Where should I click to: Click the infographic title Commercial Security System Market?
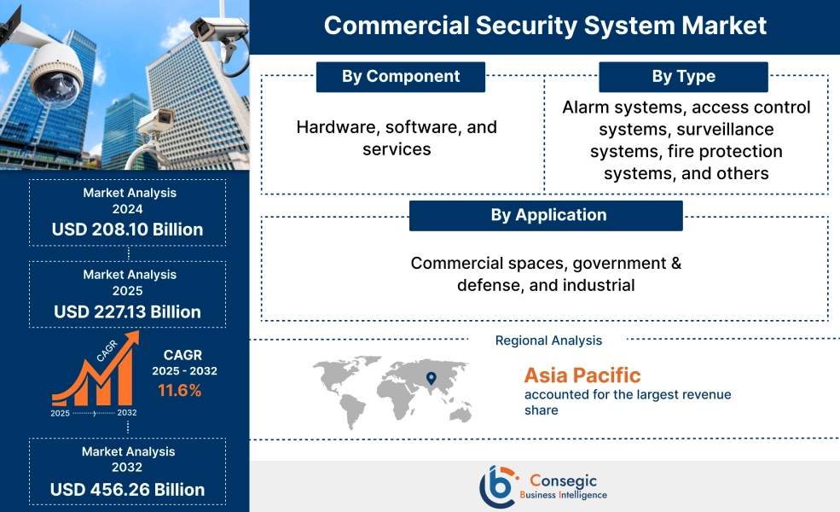point(545,25)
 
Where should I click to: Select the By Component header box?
point(400,77)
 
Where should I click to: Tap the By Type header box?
point(683,77)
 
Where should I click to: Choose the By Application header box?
point(546,215)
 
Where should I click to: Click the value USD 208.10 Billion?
point(127,229)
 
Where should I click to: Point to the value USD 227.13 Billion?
point(127,311)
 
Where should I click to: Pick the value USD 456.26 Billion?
point(127,489)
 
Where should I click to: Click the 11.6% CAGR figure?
point(179,391)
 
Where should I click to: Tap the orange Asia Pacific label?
point(582,375)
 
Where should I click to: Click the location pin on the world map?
point(431,377)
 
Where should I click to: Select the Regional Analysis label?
point(548,340)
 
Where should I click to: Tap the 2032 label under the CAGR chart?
point(126,413)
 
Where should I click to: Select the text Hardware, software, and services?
point(397,137)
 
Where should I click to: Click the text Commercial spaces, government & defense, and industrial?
point(546,274)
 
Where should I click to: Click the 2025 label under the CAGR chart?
point(60,413)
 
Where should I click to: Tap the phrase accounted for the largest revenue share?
point(627,402)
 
